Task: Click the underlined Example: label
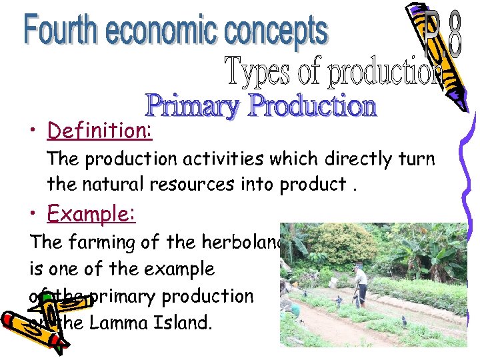[x=91, y=214]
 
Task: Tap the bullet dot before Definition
[x=33, y=131]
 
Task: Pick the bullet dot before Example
[x=33, y=215]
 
